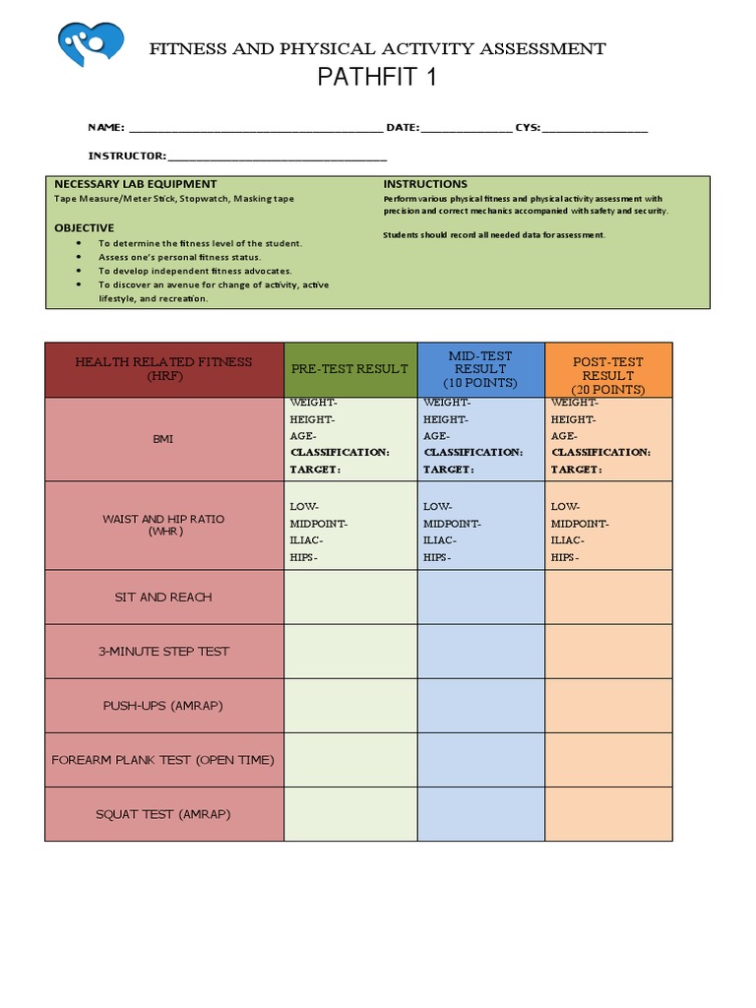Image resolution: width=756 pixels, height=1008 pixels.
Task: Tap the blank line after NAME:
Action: point(255,128)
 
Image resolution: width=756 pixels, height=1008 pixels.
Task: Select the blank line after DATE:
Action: point(467,128)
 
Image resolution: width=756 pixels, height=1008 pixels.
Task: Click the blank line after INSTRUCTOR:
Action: point(278,156)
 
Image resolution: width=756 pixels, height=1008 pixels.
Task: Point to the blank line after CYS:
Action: point(595,128)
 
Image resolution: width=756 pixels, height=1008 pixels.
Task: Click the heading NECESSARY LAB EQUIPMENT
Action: point(135,184)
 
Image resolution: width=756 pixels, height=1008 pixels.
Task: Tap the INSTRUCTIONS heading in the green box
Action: point(425,184)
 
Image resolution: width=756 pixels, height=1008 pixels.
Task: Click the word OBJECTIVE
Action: point(84,227)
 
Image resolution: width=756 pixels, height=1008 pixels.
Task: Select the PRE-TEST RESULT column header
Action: point(349,369)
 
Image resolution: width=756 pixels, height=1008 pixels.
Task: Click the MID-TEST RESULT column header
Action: point(480,369)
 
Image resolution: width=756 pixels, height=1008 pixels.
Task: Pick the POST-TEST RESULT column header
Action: point(607,369)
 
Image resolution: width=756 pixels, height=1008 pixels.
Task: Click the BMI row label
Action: point(163,439)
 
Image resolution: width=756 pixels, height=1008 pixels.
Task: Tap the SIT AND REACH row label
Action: point(163,598)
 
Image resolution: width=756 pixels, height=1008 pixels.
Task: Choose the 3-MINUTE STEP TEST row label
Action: point(163,652)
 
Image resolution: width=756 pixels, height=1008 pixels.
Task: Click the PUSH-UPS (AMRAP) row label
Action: point(163,706)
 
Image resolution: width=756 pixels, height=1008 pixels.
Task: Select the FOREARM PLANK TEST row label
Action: point(163,760)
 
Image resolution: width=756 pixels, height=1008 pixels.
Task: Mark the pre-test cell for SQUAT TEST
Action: point(350,814)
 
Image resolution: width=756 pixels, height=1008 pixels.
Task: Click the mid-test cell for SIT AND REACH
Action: point(480,598)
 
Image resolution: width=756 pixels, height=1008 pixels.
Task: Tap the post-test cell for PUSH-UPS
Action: point(608,706)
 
